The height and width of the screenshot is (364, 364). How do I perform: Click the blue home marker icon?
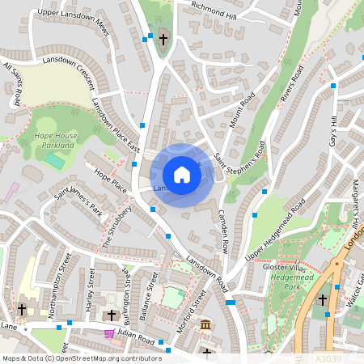pyautogui.click(x=182, y=175)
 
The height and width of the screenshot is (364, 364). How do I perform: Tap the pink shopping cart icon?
pyautogui.click(x=109, y=333)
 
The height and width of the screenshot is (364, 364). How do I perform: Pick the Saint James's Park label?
pyautogui.click(x=78, y=206)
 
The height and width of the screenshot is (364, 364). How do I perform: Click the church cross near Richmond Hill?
pyautogui.click(x=163, y=39)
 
